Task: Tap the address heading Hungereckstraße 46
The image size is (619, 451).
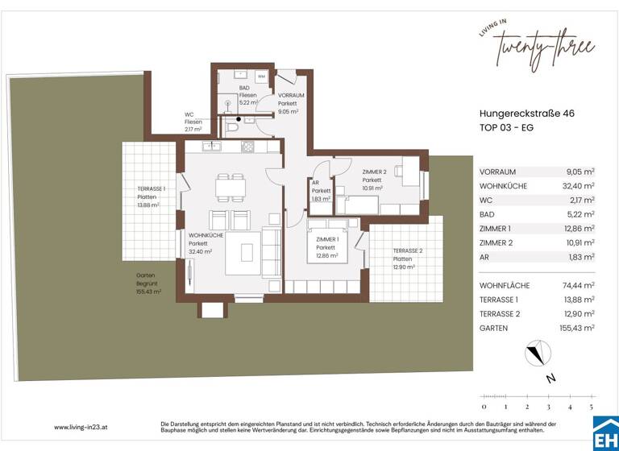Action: tap(527, 115)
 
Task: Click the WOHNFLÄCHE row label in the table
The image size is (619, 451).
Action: tap(503, 285)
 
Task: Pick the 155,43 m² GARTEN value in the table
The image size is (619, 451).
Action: tap(577, 328)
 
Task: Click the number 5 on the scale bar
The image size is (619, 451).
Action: tap(591, 408)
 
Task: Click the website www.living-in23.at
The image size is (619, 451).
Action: tap(82, 428)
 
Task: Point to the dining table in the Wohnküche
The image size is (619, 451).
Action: tap(229, 187)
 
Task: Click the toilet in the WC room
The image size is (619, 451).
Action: tap(233, 126)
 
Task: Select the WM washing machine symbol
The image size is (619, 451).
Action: tap(261, 77)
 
